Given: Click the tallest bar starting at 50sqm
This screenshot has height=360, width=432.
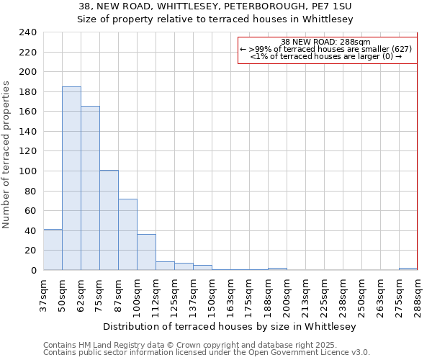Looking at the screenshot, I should [71, 179].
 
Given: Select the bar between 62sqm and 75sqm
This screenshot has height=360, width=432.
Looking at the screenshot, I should [90, 188].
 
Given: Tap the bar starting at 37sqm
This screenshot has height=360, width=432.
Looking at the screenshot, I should [53, 250].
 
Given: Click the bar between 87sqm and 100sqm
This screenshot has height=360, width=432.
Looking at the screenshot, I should [127, 234].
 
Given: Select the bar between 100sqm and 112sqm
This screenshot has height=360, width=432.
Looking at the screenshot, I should [146, 252].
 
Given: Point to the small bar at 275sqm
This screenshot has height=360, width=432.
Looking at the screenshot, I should [408, 269].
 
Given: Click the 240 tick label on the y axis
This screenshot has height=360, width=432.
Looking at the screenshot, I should [27, 32].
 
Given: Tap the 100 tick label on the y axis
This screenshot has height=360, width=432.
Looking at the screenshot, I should [27, 171].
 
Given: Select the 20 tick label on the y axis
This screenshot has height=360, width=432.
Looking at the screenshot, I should [30, 251].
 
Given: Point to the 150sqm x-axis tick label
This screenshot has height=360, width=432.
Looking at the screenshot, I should [212, 295].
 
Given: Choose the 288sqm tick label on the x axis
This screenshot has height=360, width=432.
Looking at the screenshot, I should [418, 295].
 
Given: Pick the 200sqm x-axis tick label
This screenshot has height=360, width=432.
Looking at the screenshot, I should [287, 295].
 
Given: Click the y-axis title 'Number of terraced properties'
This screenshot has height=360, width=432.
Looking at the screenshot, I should [6, 155].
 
